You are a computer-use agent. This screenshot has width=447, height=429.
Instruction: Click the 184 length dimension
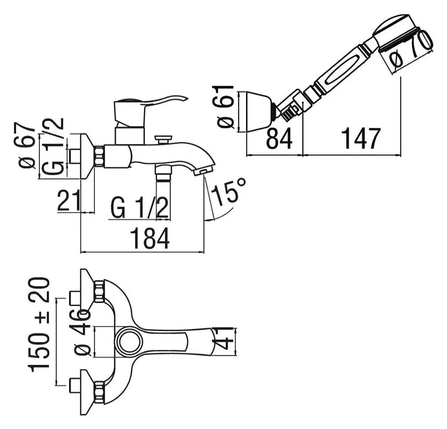coord(150,238)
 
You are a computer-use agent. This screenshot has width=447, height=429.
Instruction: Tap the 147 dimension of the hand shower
coord(361,139)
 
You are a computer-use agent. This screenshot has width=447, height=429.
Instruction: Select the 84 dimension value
coord(279,139)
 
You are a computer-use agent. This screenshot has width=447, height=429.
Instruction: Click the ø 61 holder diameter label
coord(226,107)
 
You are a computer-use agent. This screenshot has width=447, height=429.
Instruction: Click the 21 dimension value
coord(69,200)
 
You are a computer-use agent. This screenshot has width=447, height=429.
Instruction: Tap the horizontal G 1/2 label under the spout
coord(140,208)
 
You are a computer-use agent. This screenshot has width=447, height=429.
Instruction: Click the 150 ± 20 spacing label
coord(39,325)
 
